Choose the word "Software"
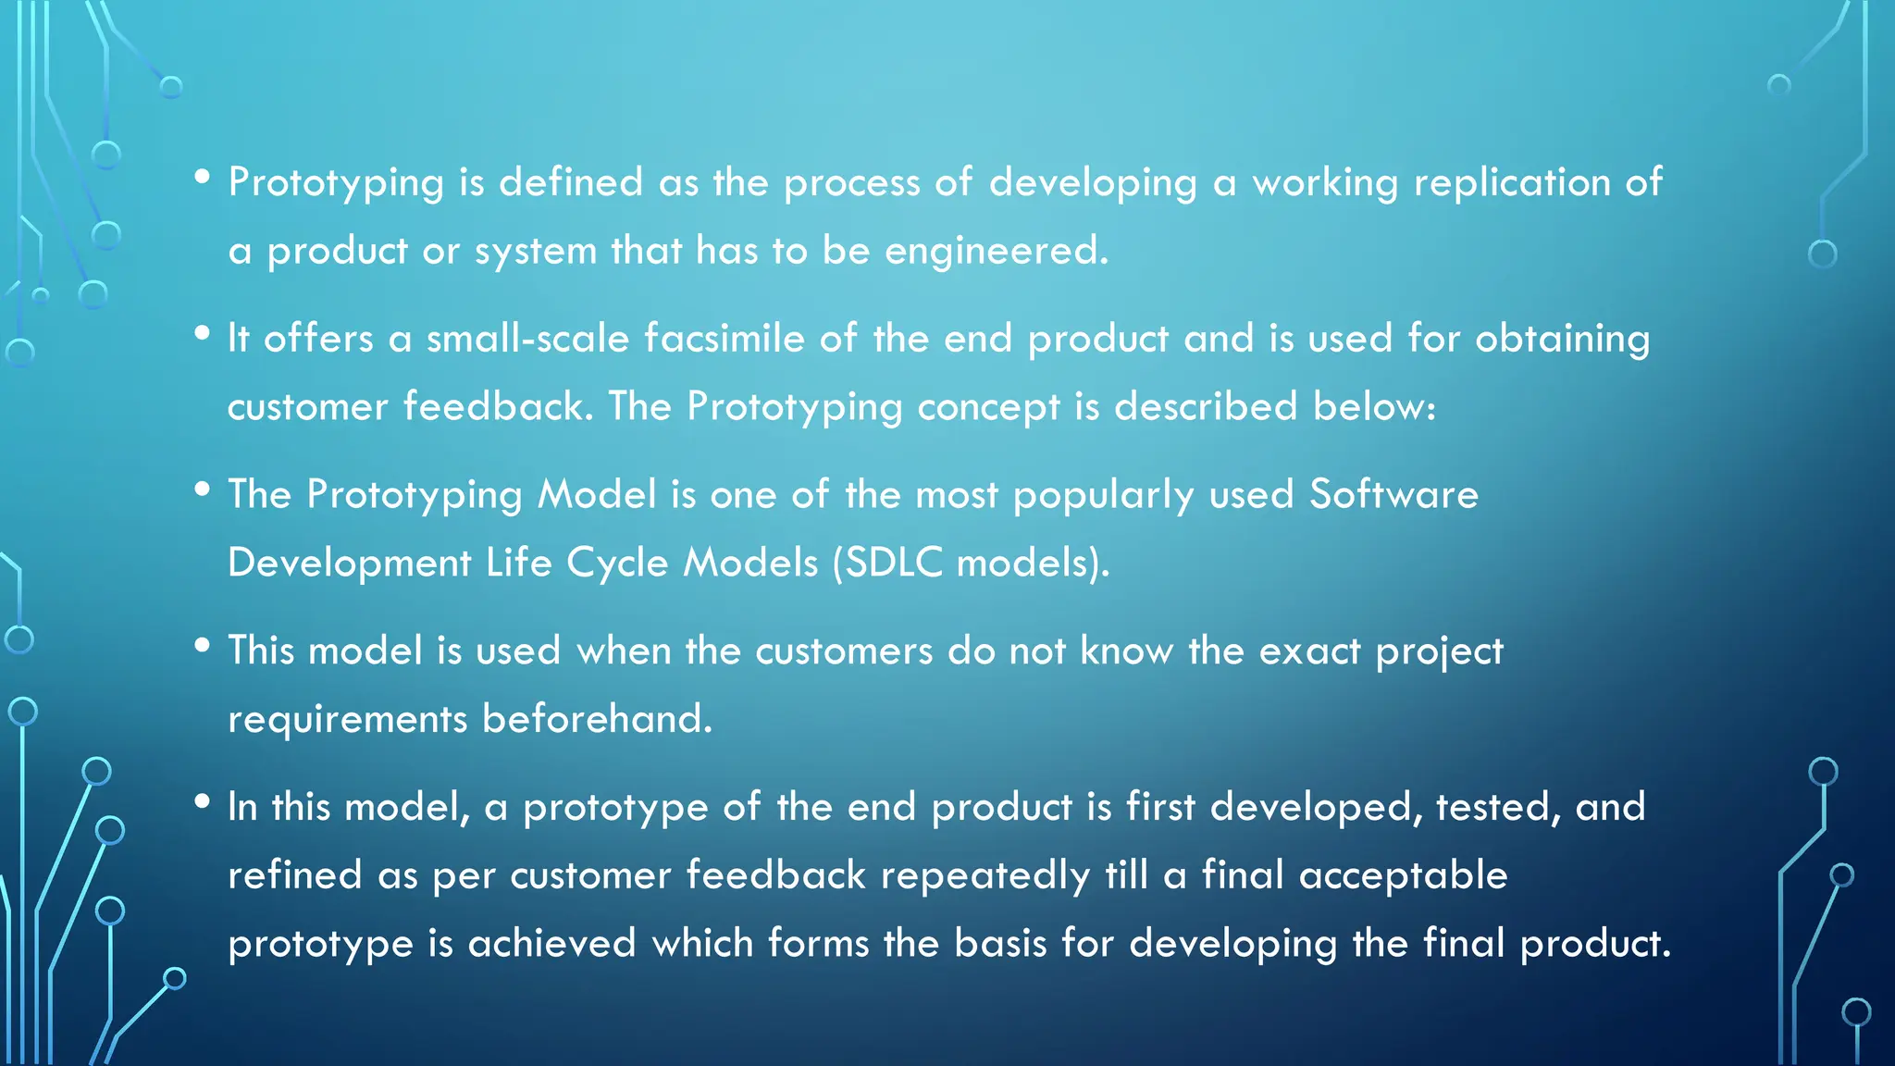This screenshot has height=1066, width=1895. (1393, 495)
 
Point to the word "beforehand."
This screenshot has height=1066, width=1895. (597, 719)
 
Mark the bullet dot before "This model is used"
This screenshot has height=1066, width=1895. (203, 646)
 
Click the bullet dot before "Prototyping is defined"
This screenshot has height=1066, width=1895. (203, 177)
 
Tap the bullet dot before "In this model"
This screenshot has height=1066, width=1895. (203, 802)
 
